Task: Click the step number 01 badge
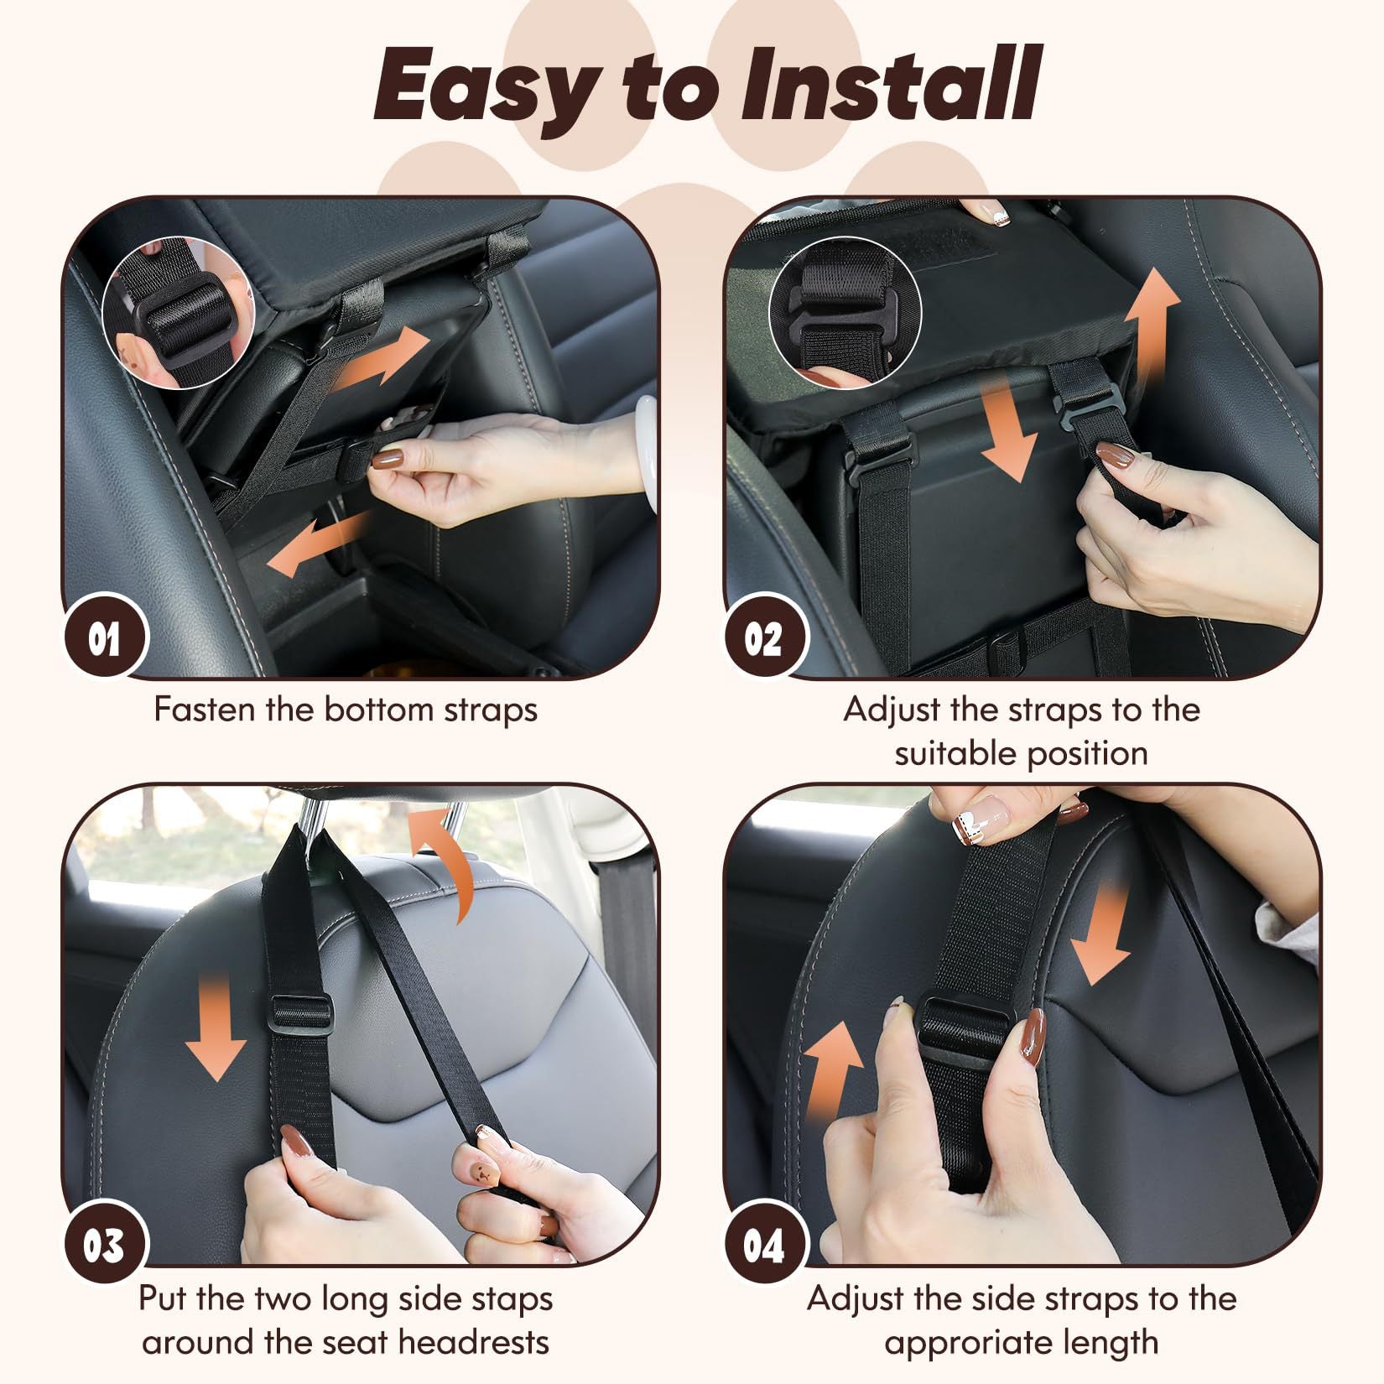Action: (104, 642)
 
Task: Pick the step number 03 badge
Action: (104, 1246)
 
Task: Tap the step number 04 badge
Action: (764, 1246)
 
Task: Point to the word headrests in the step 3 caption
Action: (474, 1341)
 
